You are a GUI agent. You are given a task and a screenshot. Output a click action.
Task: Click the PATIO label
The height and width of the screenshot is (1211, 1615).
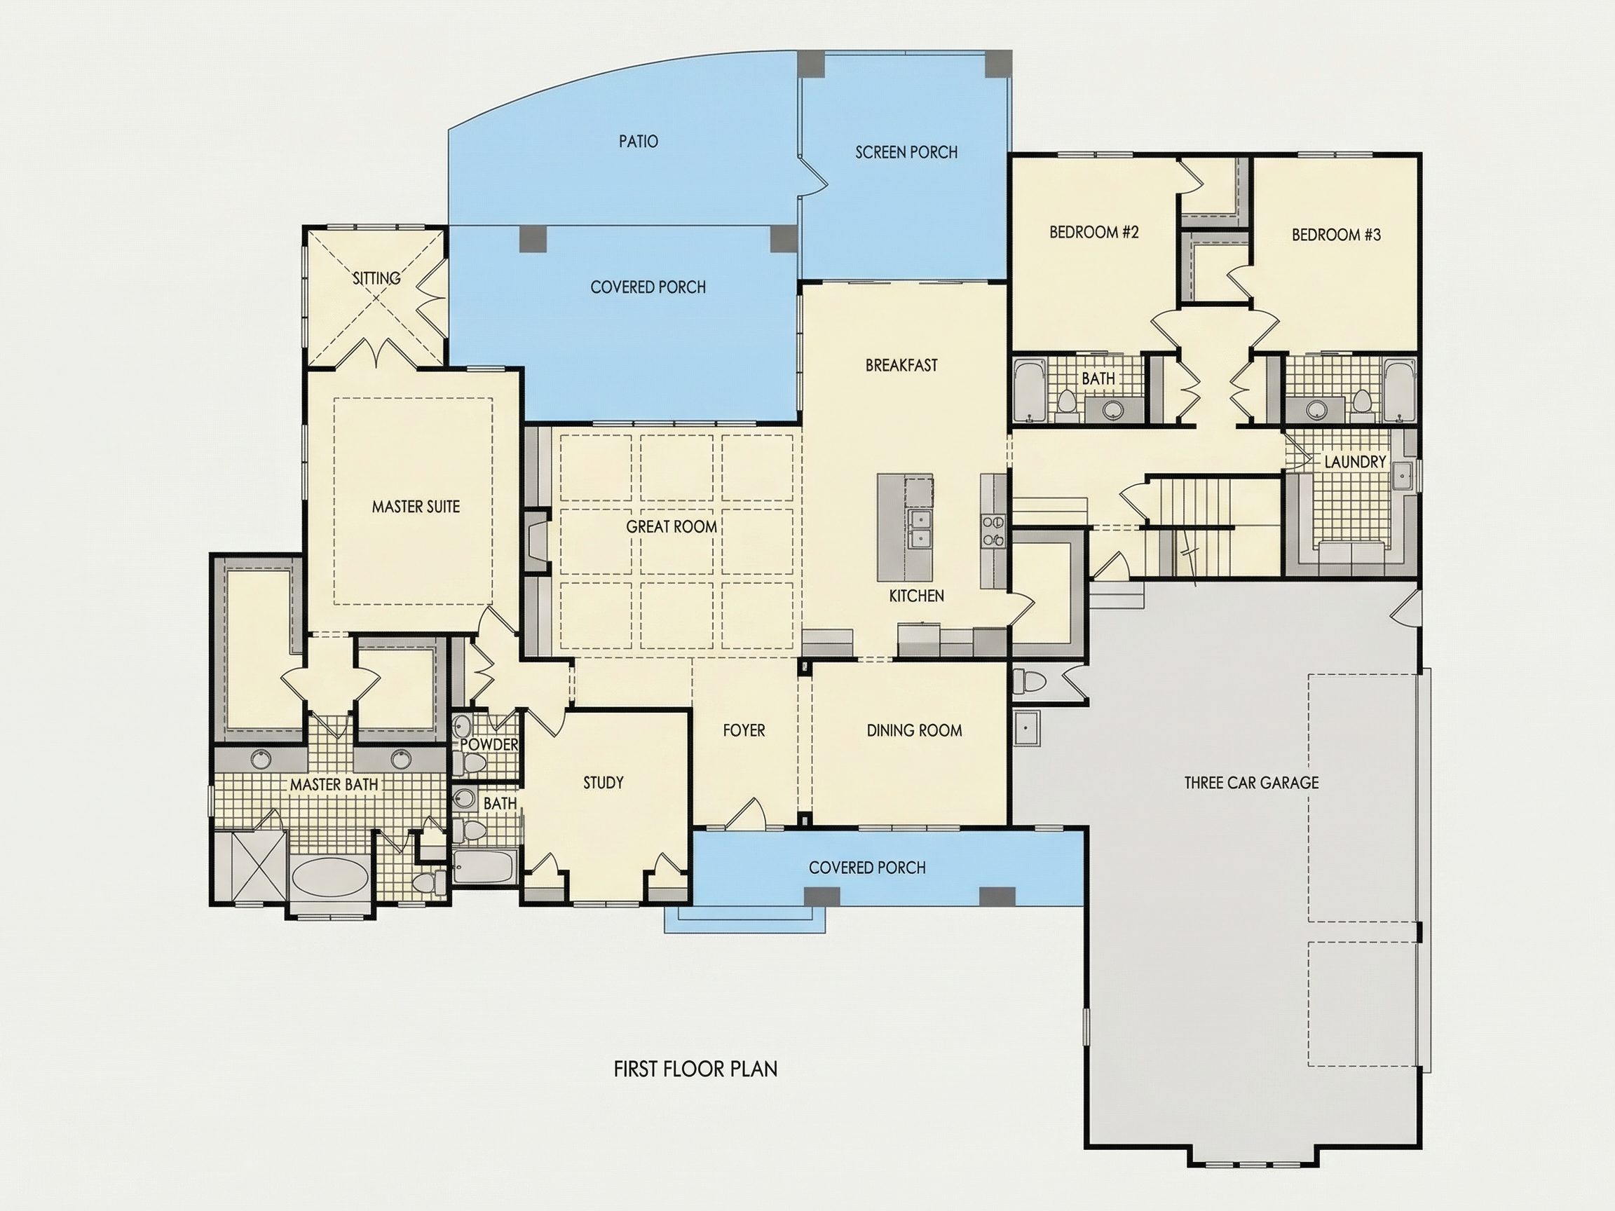click(638, 141)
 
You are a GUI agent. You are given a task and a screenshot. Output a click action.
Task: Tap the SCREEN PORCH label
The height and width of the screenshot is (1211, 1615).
click(906, 152)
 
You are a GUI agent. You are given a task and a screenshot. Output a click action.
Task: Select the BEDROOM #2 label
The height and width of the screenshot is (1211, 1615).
click(1093, 232)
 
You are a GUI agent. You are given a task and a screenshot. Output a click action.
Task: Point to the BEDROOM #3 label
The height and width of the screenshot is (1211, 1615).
click(1336, 234)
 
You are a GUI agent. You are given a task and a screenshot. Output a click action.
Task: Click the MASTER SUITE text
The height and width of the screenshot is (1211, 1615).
click(416, 507)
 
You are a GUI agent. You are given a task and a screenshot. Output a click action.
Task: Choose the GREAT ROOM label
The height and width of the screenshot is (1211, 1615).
click(671, 526)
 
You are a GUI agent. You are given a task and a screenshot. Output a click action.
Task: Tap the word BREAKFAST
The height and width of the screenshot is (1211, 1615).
click(901, 365)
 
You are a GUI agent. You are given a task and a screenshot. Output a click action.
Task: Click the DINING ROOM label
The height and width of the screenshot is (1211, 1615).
click(914, 730)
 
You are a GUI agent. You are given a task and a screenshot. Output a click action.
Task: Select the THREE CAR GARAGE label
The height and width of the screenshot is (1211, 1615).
click(1251, 783)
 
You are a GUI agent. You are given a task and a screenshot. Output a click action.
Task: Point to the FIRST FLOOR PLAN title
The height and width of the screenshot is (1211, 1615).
click(695, 1069)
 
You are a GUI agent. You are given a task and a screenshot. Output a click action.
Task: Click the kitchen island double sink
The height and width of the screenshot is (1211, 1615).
click(919, 529)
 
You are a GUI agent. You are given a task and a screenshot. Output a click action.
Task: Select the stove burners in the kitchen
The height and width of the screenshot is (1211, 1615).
click(993, 531)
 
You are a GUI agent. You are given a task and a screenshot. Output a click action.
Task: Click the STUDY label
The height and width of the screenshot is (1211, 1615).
click(603, 783)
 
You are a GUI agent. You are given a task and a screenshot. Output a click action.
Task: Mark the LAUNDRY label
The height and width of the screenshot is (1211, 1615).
click(1354, 461)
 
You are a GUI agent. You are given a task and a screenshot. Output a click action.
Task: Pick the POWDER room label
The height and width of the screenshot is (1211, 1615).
click(489, 744)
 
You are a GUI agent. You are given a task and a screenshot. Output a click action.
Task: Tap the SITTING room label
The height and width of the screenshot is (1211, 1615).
click(376, 278)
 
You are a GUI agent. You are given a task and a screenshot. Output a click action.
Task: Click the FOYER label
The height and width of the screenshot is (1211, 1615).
click(744, 730)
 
